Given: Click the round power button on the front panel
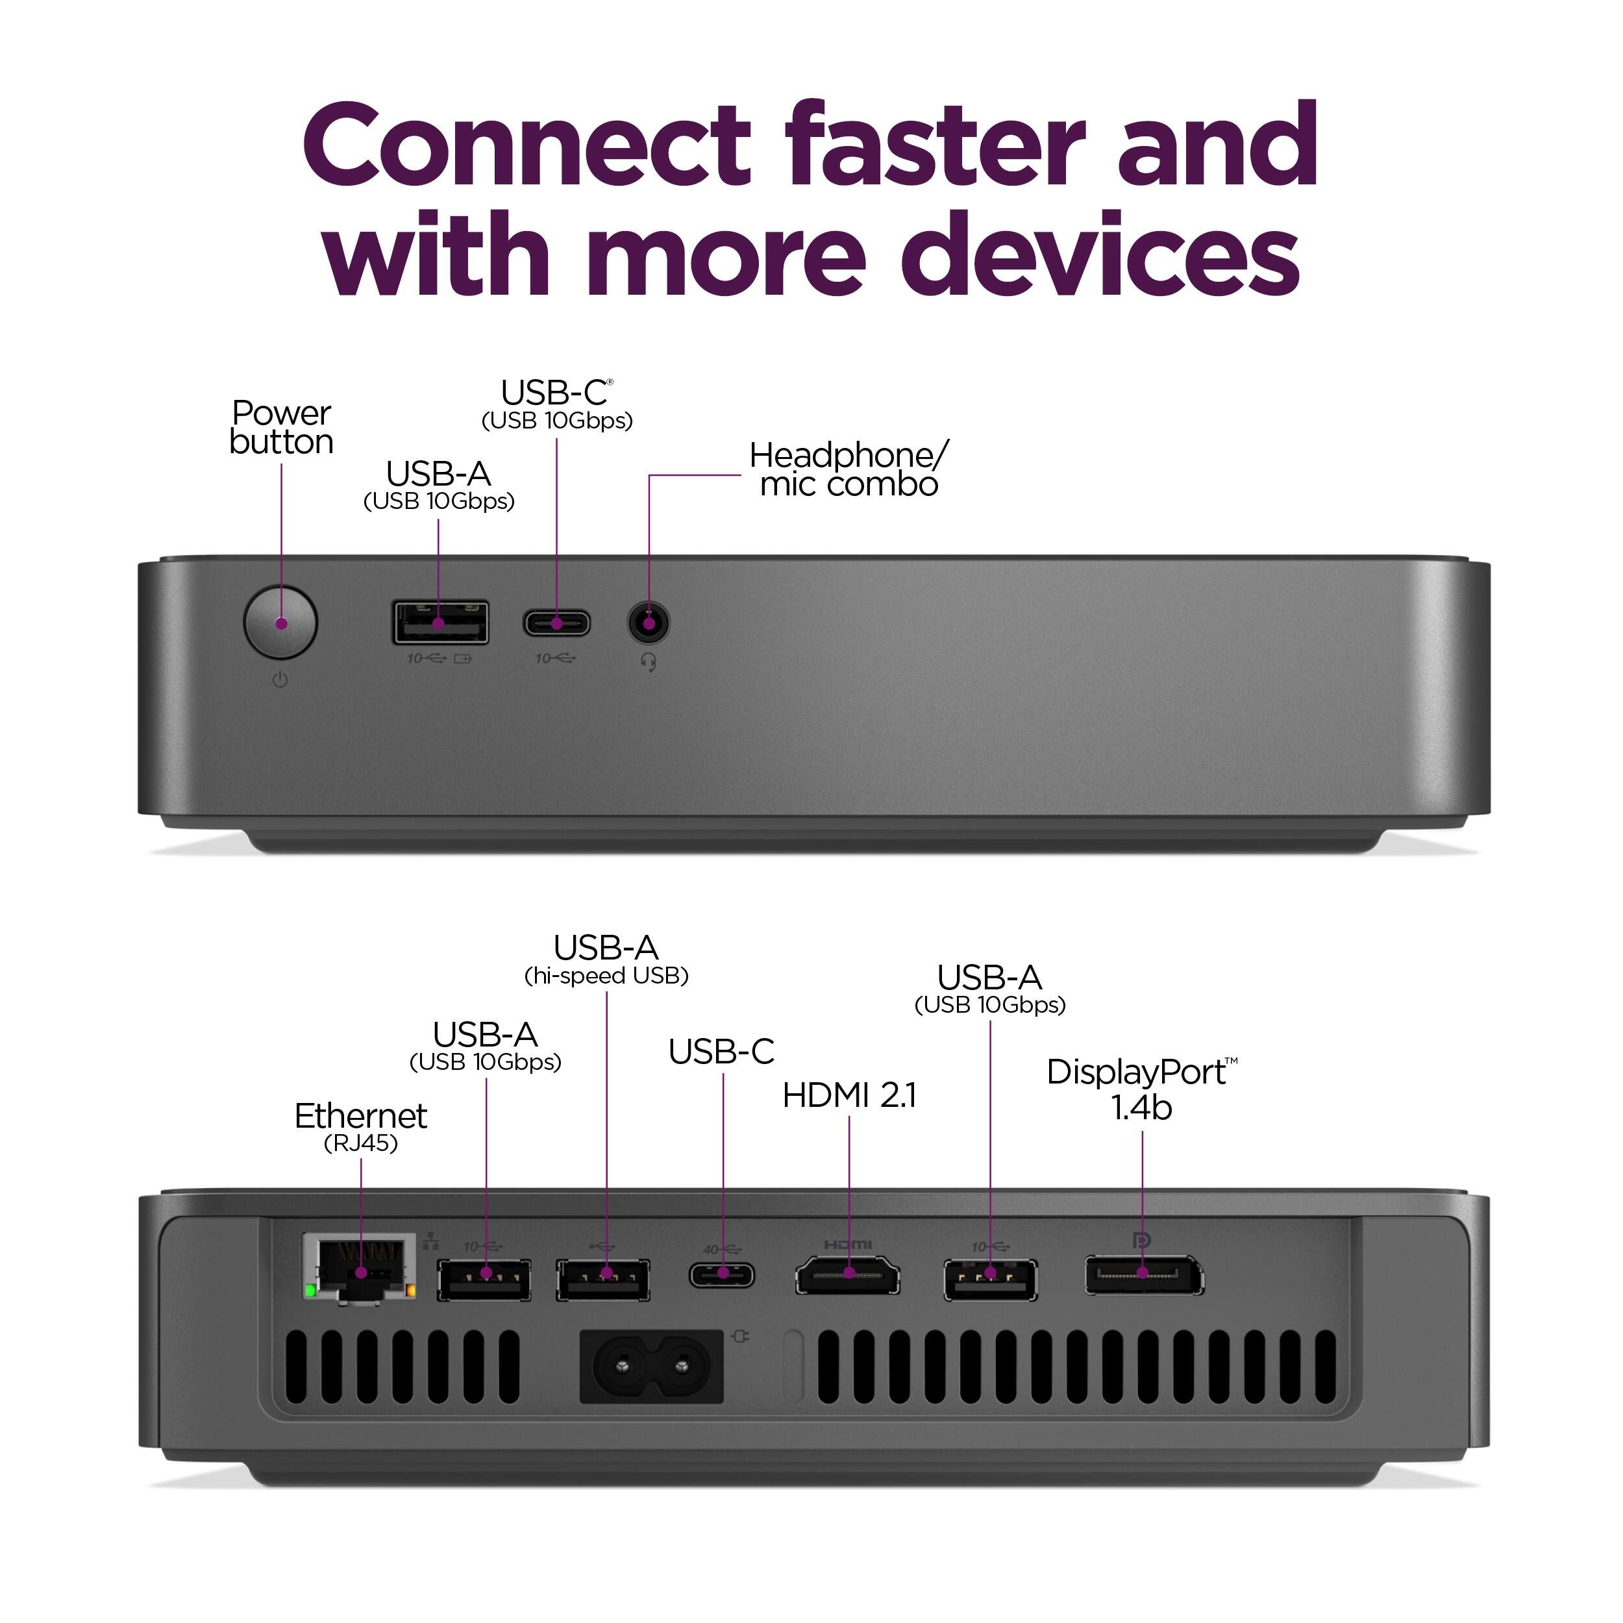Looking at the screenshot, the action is click(x=280, y=623).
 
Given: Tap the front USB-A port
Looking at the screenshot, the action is click(x=440, y=623).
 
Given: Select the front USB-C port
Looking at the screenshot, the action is click(x=556, y=623).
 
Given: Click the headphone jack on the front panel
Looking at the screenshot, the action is click(x=649, y=623).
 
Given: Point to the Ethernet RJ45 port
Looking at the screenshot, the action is click(x=360, y=1269).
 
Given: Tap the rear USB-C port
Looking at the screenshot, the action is click(x=723, y=1275).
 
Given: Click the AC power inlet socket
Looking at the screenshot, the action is click(x=652, y=1367).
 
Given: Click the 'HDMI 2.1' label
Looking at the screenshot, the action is click(x=849, y=1095).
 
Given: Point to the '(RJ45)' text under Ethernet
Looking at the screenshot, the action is click(x=360, y=1143).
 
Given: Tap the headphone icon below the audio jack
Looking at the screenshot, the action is click(x=649, y=663).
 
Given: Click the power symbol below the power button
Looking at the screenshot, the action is click(x=280, y=680).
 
